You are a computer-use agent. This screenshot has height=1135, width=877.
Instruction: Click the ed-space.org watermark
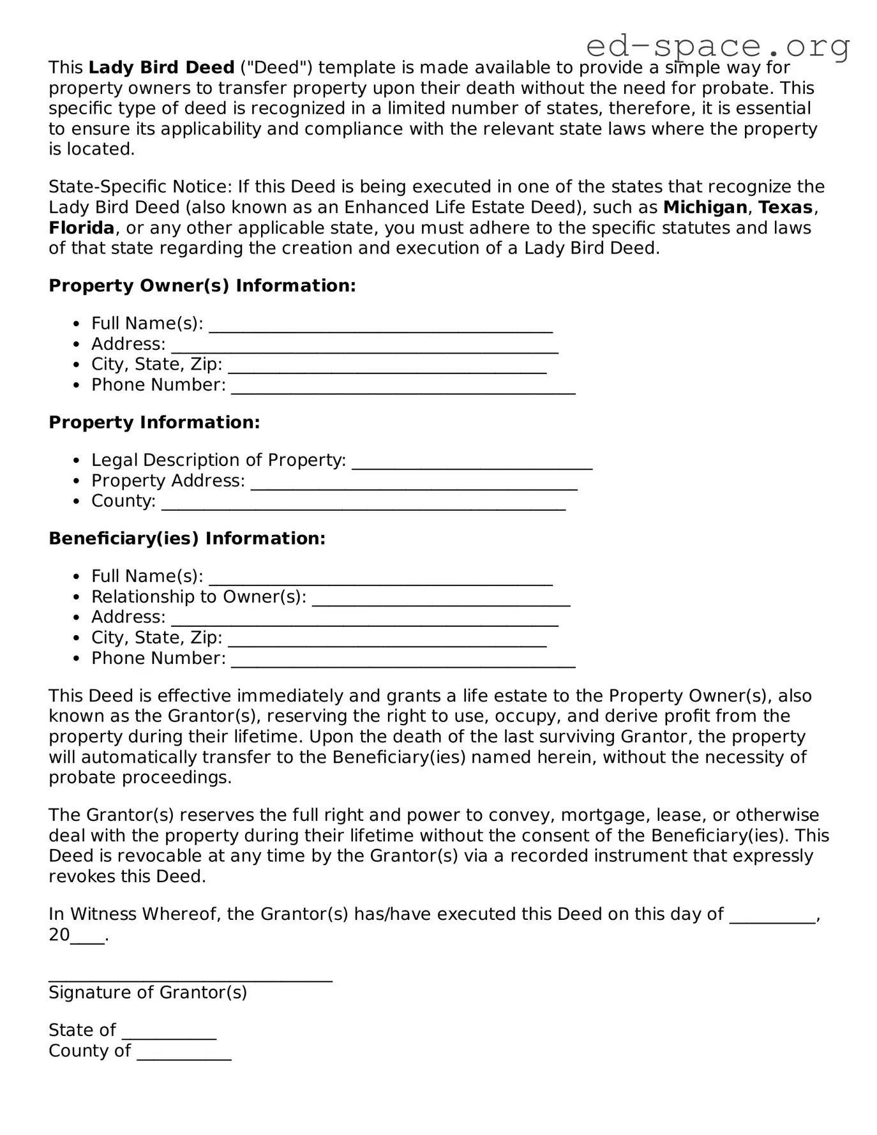pos(717,45)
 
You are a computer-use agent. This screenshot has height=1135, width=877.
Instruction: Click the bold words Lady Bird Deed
pos(161,68)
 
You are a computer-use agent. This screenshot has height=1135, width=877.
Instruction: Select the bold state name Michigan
pos(705,207)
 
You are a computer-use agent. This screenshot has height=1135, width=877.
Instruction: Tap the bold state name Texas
pos(785,207)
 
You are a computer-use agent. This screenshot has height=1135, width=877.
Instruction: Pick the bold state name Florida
pos(82,228)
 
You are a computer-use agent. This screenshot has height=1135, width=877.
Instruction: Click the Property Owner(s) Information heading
pos(202,285)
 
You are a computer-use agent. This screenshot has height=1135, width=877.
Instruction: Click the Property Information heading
pos(154,423)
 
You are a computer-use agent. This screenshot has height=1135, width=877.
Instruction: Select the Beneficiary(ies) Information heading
pos(187,539)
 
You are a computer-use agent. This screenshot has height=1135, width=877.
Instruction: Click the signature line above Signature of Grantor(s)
pos(190,977)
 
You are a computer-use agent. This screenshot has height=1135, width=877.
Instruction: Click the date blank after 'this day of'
pos(772,919)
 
